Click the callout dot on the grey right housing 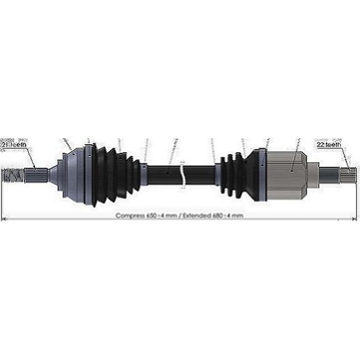292,171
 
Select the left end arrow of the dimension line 4,220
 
